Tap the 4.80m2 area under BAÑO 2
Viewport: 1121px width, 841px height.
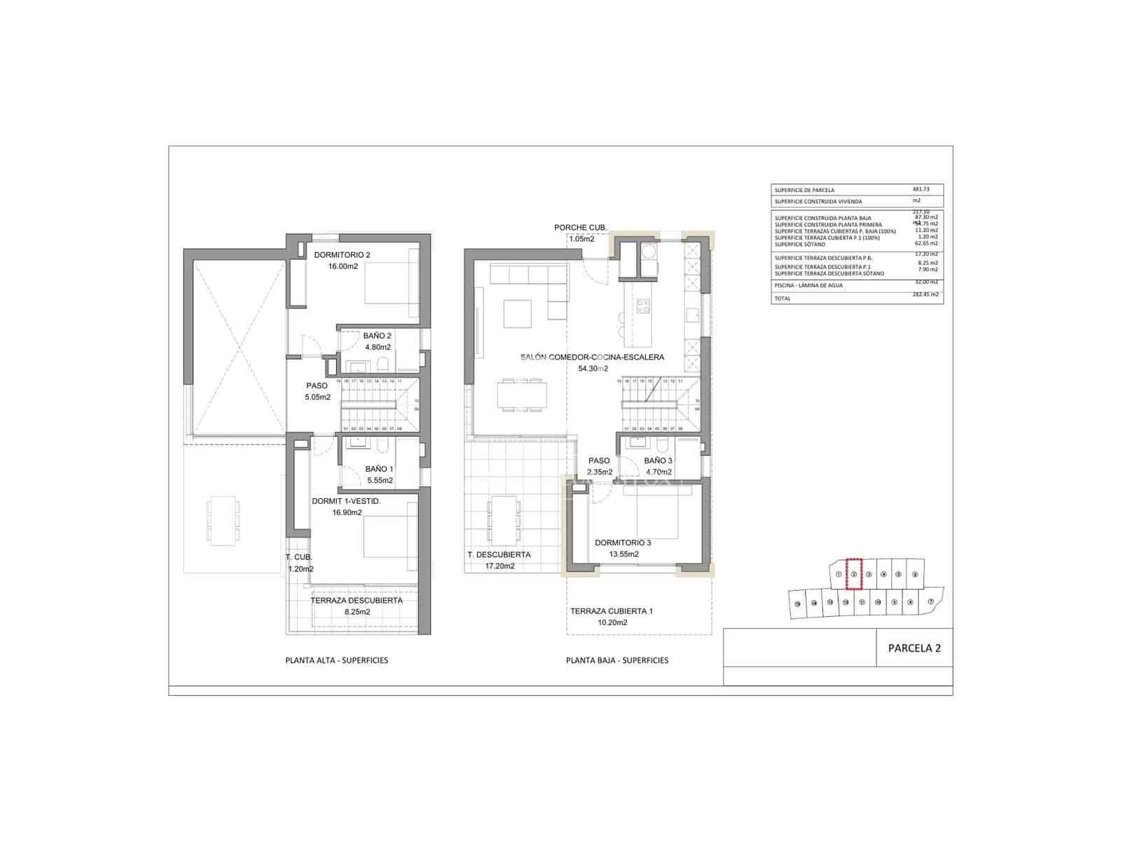pos(377,346)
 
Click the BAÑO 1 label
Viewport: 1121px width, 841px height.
pos(379,470)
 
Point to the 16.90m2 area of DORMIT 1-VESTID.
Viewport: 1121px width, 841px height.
pos(347,512)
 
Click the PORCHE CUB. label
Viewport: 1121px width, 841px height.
pos(580,228)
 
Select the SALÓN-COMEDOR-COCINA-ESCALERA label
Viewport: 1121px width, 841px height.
pos(592,357)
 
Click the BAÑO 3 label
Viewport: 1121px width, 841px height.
pos(658,461)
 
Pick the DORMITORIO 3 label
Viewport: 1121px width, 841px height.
pos(623,542)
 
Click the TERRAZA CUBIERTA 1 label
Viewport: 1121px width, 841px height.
pos(611,611)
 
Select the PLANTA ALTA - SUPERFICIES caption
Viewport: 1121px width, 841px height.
pos(336,660)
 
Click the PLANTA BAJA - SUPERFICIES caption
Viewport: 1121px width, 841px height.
pos(617,660)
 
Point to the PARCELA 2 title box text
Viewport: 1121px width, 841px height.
pos(914,648)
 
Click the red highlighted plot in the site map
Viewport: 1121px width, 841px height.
pos(853,572)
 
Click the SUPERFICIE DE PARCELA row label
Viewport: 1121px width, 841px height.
pos(804,190)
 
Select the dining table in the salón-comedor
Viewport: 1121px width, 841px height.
pos(522,394)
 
